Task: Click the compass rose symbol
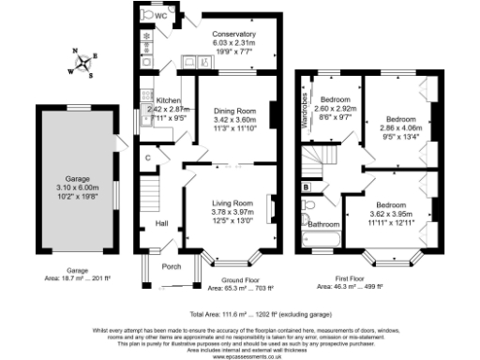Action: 86,65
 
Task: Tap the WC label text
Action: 161,16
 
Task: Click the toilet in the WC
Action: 146,15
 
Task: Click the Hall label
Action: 161,223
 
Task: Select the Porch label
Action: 172,266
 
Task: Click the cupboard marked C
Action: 148,157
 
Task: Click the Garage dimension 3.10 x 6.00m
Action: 76,187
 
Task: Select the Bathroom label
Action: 324,225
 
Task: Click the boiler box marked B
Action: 307,187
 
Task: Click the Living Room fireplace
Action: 272,208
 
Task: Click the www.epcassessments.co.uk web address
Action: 240,357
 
